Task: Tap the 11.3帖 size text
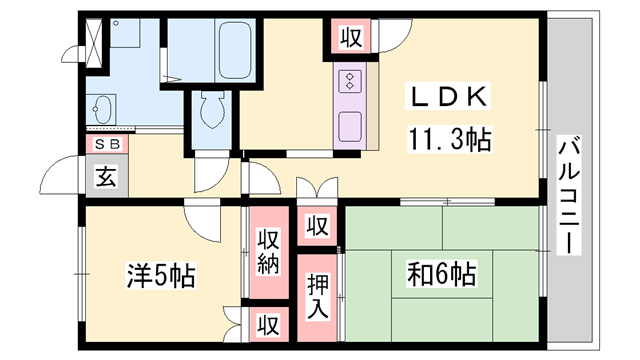(x=449, y=140)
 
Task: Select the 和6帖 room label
(x=441, y=272)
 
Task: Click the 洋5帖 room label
(x=160, y=272)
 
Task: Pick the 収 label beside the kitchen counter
(x=349, y=39)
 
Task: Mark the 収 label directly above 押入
(x=316, y=226)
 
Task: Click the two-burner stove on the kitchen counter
(x=352, y=79)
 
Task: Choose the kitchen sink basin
(x=351, y=126)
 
